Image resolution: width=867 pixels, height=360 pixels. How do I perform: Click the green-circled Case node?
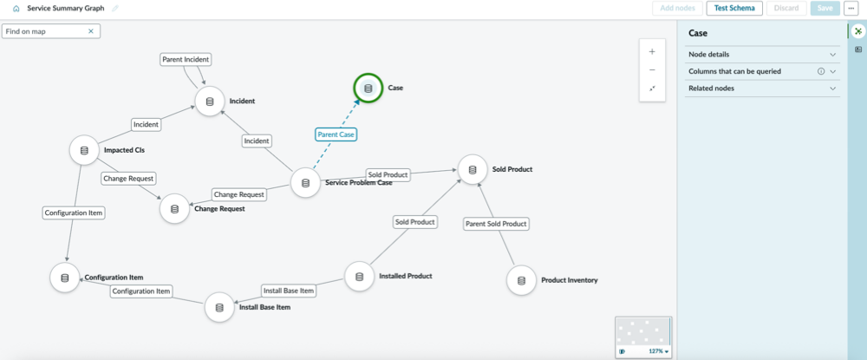point(368,88)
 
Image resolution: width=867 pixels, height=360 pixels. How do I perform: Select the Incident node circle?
point(210,101)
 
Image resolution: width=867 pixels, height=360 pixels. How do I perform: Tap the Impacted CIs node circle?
point(84,150)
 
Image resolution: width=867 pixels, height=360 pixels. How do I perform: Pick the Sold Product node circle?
point(473,170)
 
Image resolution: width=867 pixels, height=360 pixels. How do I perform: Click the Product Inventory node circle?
point(521,280)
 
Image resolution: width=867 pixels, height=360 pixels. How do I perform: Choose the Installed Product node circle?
point(359,277)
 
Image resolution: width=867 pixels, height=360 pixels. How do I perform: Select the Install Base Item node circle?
point(219,307)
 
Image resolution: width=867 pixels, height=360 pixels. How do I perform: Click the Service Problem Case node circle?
point(305,182)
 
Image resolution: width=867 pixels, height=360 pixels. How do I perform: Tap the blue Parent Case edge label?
point(336,134)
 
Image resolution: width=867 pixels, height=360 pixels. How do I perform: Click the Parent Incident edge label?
point(186,59)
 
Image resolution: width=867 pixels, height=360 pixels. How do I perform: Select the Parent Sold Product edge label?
point(496,224)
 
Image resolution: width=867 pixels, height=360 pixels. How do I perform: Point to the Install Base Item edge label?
point(289,291)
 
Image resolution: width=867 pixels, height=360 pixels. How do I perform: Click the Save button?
point(825,9)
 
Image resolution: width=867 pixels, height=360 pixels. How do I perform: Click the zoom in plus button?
point(652,52)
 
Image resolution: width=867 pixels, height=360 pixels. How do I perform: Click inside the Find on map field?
point(45,31)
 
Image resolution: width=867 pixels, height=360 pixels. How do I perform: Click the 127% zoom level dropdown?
point(659,351)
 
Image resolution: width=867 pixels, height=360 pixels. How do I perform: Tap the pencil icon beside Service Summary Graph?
point(115,9)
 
